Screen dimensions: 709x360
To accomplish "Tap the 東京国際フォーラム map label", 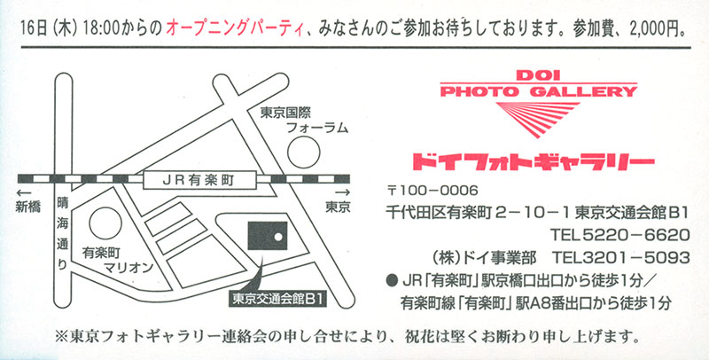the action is (x=304, y=120).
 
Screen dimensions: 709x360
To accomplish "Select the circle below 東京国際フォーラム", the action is (x=304, y=152).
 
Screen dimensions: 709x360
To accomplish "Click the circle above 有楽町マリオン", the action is (x=105, y=223).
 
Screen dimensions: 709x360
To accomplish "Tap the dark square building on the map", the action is (x=268, y=236).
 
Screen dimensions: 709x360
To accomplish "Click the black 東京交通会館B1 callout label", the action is (x=277, y=300).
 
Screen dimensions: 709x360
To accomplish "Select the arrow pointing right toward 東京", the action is (x=343, y=192).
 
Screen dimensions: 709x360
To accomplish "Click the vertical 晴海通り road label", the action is (x=62, y=234).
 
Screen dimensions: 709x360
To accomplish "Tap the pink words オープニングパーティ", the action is (x=234, y=29).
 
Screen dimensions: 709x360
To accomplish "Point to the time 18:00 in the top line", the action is (x=103, y=29).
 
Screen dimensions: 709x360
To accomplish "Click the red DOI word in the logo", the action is (x=538, y=75).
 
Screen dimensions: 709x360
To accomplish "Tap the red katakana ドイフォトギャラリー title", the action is (x=534, y=162).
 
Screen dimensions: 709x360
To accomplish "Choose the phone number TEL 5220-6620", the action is (x=619, y=235).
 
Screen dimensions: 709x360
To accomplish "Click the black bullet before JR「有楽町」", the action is (x=392, y=281).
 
